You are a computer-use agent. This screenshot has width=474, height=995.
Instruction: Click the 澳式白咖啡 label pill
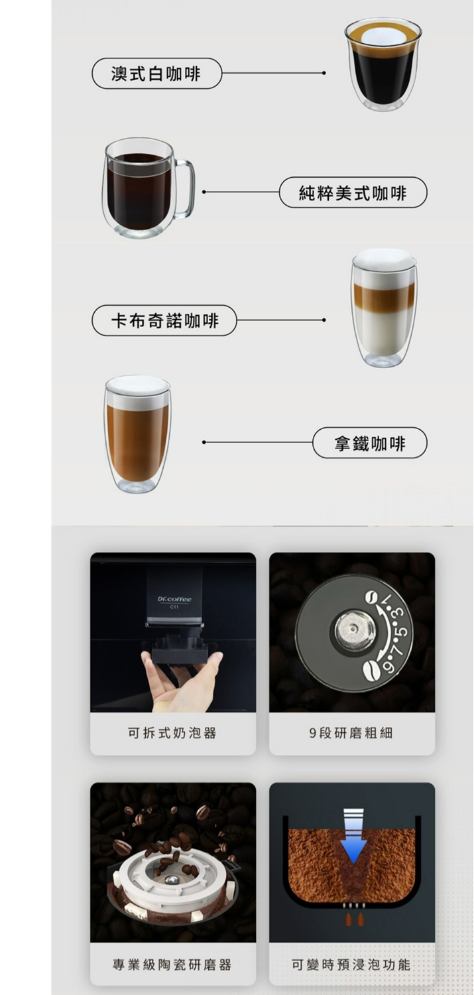tap(156, 73)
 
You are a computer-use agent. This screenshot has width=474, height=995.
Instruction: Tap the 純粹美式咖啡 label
tap(353, 192)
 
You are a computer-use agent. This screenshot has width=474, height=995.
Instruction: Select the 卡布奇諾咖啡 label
tap(164, 320)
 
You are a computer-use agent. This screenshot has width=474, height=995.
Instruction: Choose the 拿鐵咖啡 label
tap(370, 443)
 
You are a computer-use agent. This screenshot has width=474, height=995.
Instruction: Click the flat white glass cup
tap(383, 64)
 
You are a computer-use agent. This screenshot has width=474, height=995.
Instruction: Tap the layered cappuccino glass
tap(383, 307)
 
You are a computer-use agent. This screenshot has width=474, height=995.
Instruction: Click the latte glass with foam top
tap(138, 434)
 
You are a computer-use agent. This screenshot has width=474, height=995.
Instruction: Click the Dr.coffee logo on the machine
tap(174, 599)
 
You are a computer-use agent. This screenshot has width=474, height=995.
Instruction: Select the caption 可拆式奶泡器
tap(172, 732)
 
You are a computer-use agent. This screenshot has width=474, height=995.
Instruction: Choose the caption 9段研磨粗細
tap(351, 732)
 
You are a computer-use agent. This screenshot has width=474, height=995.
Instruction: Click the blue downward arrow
tap(353, 836)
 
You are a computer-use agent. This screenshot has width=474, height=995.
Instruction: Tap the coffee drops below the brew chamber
tap(354, 919)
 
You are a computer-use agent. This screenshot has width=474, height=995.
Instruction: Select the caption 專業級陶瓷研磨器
tap(172, 964)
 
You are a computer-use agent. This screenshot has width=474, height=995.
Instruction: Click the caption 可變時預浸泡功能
tap(351, 964)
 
